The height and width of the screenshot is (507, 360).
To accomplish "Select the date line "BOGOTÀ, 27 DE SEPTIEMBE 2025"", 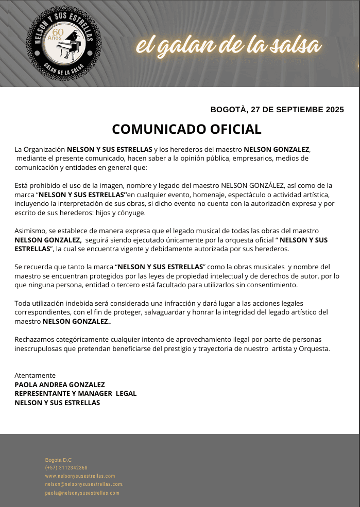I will click(277, 109).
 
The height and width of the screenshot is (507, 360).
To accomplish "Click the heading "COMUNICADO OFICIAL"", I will click(186, 129).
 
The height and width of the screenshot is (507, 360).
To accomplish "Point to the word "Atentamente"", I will click(35, 375).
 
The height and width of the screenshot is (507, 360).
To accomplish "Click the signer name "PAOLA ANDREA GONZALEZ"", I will click(60, 384).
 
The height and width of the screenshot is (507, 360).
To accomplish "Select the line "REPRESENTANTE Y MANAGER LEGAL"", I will click(76, 393).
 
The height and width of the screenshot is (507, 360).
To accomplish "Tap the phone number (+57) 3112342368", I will click(66, 468).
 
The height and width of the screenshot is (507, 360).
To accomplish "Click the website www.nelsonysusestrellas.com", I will click(80, 476).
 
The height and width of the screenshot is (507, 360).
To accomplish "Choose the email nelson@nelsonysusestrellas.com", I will click(84, 484).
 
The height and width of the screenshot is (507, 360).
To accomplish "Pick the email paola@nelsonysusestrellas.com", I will click(82, 493).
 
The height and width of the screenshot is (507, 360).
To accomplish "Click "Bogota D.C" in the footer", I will click(59, 460).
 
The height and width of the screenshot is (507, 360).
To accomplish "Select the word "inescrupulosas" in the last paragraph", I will click(39, 348).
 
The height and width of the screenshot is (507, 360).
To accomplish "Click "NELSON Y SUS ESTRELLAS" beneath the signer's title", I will click(57, 403).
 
